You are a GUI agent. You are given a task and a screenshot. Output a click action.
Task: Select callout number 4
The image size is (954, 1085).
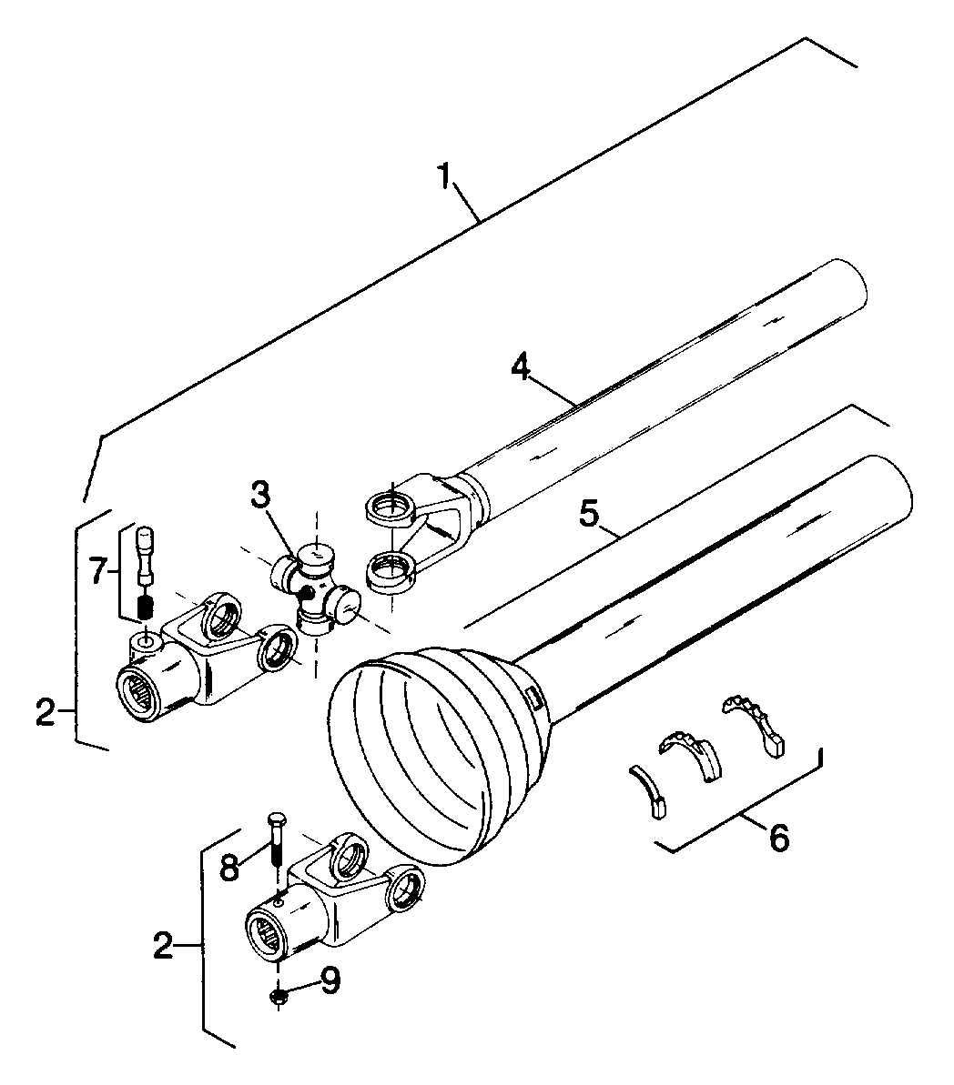pyautogui.click(x=521, y=366)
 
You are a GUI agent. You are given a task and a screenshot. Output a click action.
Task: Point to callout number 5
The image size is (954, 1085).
pyautogui.click(x=588, y=514)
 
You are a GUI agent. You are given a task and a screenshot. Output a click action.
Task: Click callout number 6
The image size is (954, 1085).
pyautogui.click(x=778, y=838)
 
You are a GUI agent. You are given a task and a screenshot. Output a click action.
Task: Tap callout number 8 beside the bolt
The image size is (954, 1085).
pyautogui.click(x=229, y=867)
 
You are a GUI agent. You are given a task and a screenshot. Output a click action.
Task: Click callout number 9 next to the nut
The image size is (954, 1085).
pyautogui.click(x=330, y=980)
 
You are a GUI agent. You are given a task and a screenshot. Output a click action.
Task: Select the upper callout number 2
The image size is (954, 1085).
pyautogui.click(x=46, y=712)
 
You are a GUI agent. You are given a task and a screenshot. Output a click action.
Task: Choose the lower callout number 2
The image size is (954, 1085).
pyautogui.click(x=163, y=945)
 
